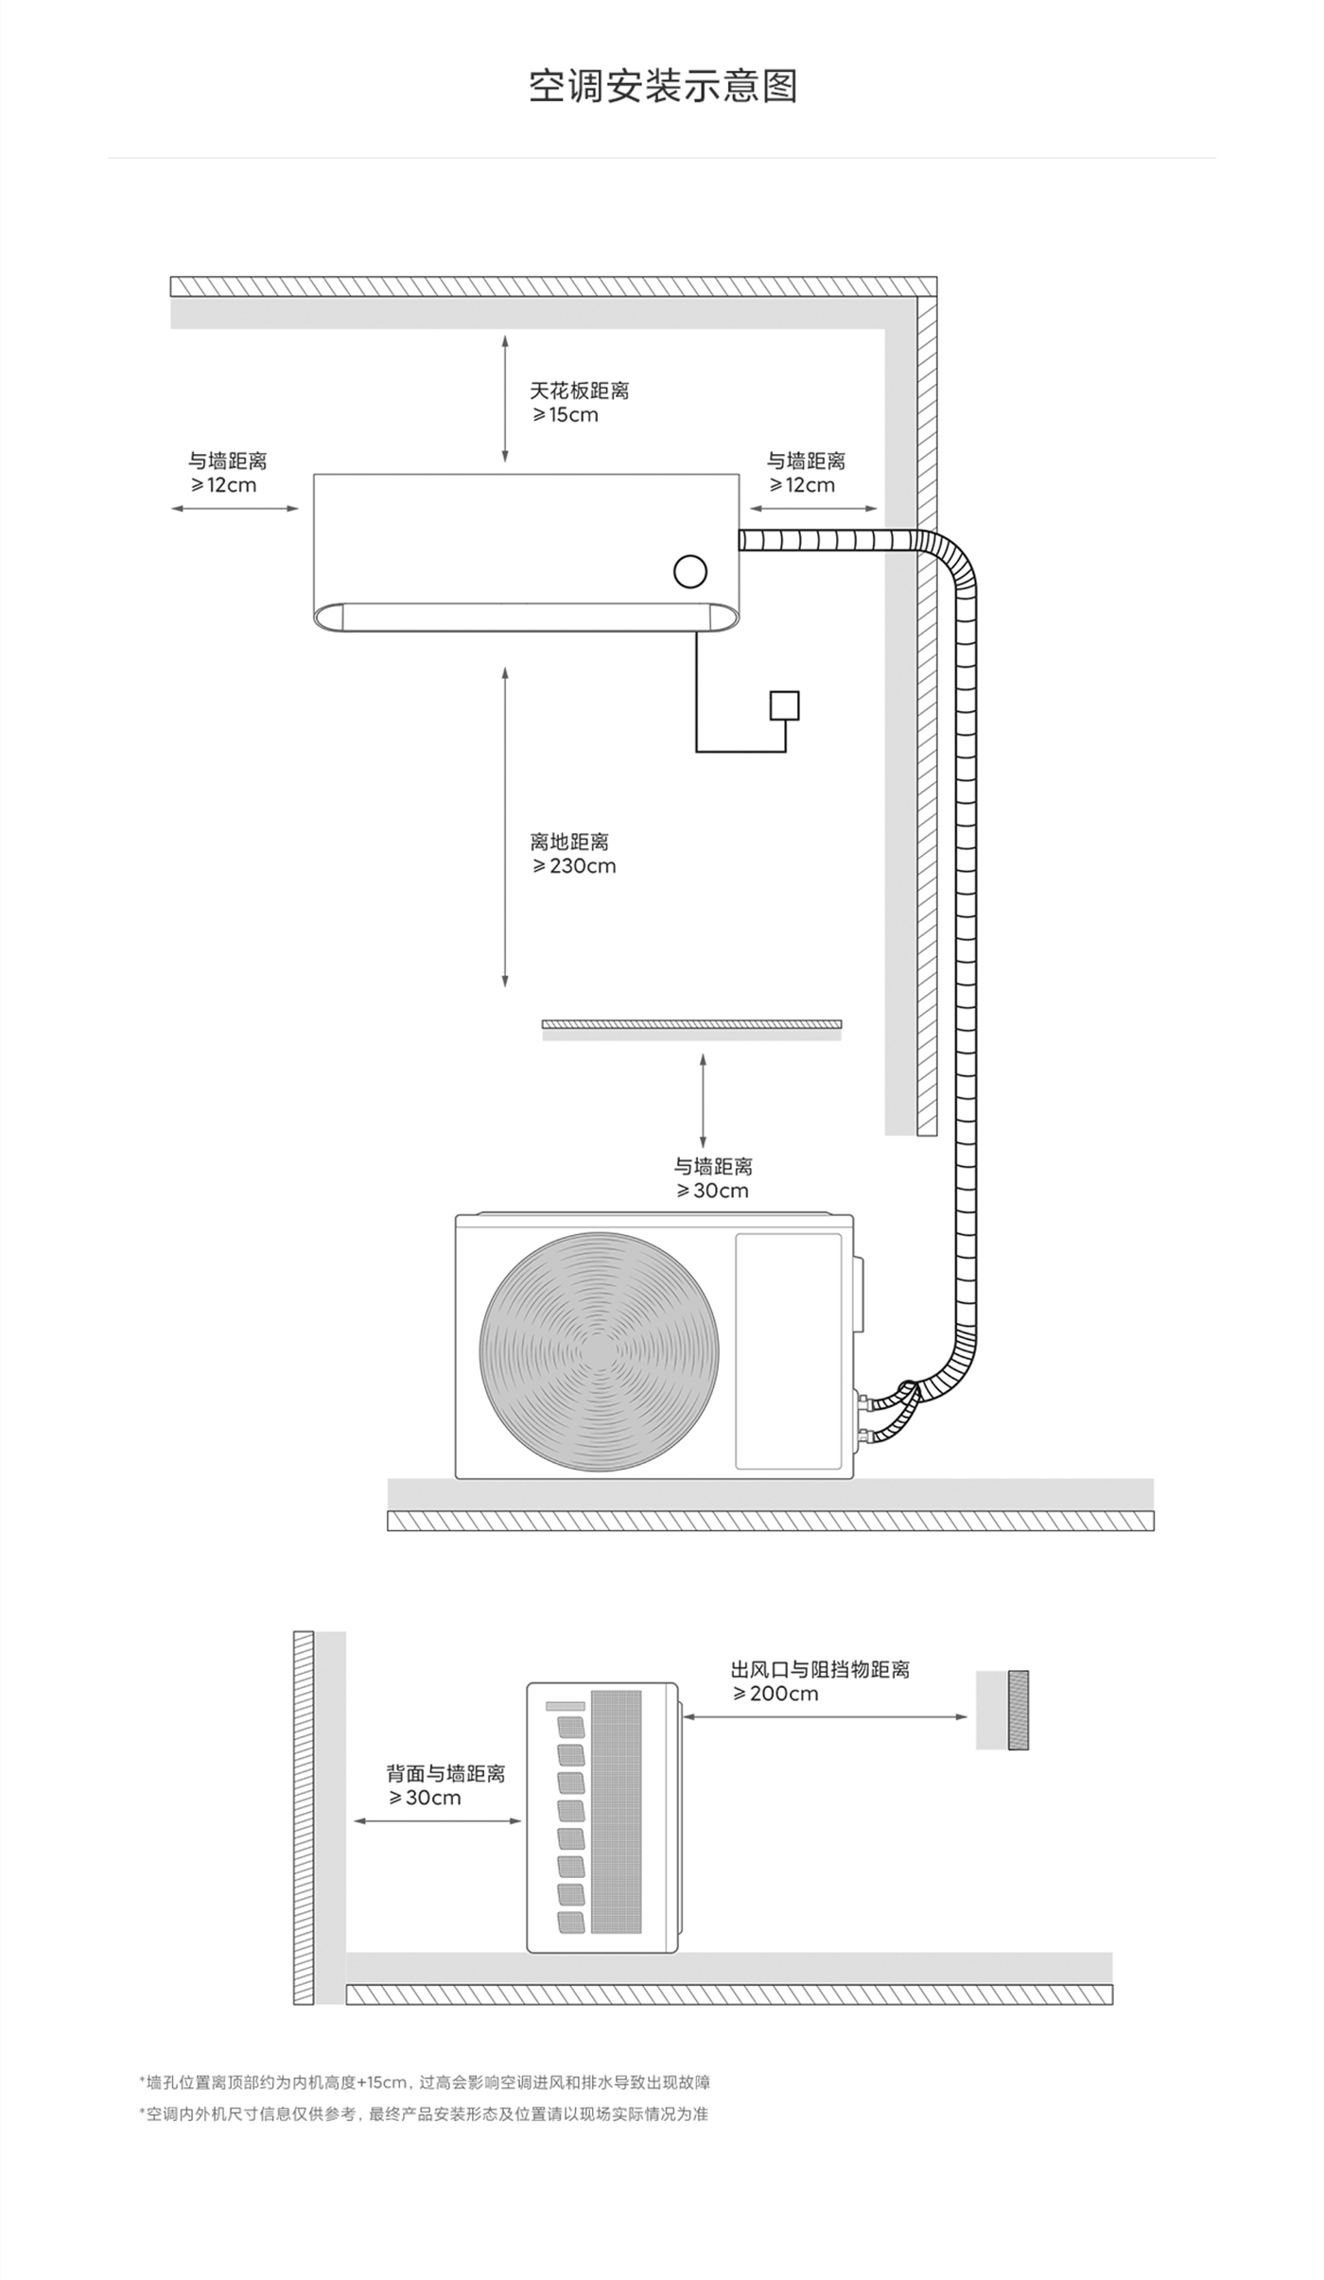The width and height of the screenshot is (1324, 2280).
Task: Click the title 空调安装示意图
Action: [x=663, y=86]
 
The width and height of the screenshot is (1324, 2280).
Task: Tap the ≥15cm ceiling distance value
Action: [x=565, y=415]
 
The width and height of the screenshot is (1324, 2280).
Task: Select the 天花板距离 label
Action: [x=579, y=391]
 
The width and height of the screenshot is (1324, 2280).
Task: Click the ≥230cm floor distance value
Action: [x=574, y=866]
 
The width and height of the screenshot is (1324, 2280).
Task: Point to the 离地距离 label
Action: [x=569, y=842]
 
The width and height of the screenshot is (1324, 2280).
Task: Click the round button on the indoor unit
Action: [x=690, y=571]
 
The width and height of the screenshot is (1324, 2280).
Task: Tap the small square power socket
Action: [x=784, y=705]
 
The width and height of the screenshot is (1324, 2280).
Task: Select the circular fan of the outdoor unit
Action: [x=599, y=1351]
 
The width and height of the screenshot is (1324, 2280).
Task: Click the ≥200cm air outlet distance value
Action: [x=775, y=1694]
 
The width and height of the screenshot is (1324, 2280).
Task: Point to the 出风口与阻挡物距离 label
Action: [x=820, y=1669]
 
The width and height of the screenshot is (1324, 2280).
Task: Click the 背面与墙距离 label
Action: [x=445, y=1773]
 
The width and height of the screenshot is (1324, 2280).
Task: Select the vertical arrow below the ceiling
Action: [x=505, y=397]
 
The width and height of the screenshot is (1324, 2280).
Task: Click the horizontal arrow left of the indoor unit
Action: [x=235, y=509]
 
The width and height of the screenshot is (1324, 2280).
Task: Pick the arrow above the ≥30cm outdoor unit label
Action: [x=703, y=1101]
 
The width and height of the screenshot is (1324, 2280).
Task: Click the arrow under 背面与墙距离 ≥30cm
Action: [x=438, y=1821]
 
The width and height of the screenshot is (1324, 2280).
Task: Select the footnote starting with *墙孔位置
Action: [x=425, y=2082]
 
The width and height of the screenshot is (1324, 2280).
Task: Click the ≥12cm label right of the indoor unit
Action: [x=802, y=485]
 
